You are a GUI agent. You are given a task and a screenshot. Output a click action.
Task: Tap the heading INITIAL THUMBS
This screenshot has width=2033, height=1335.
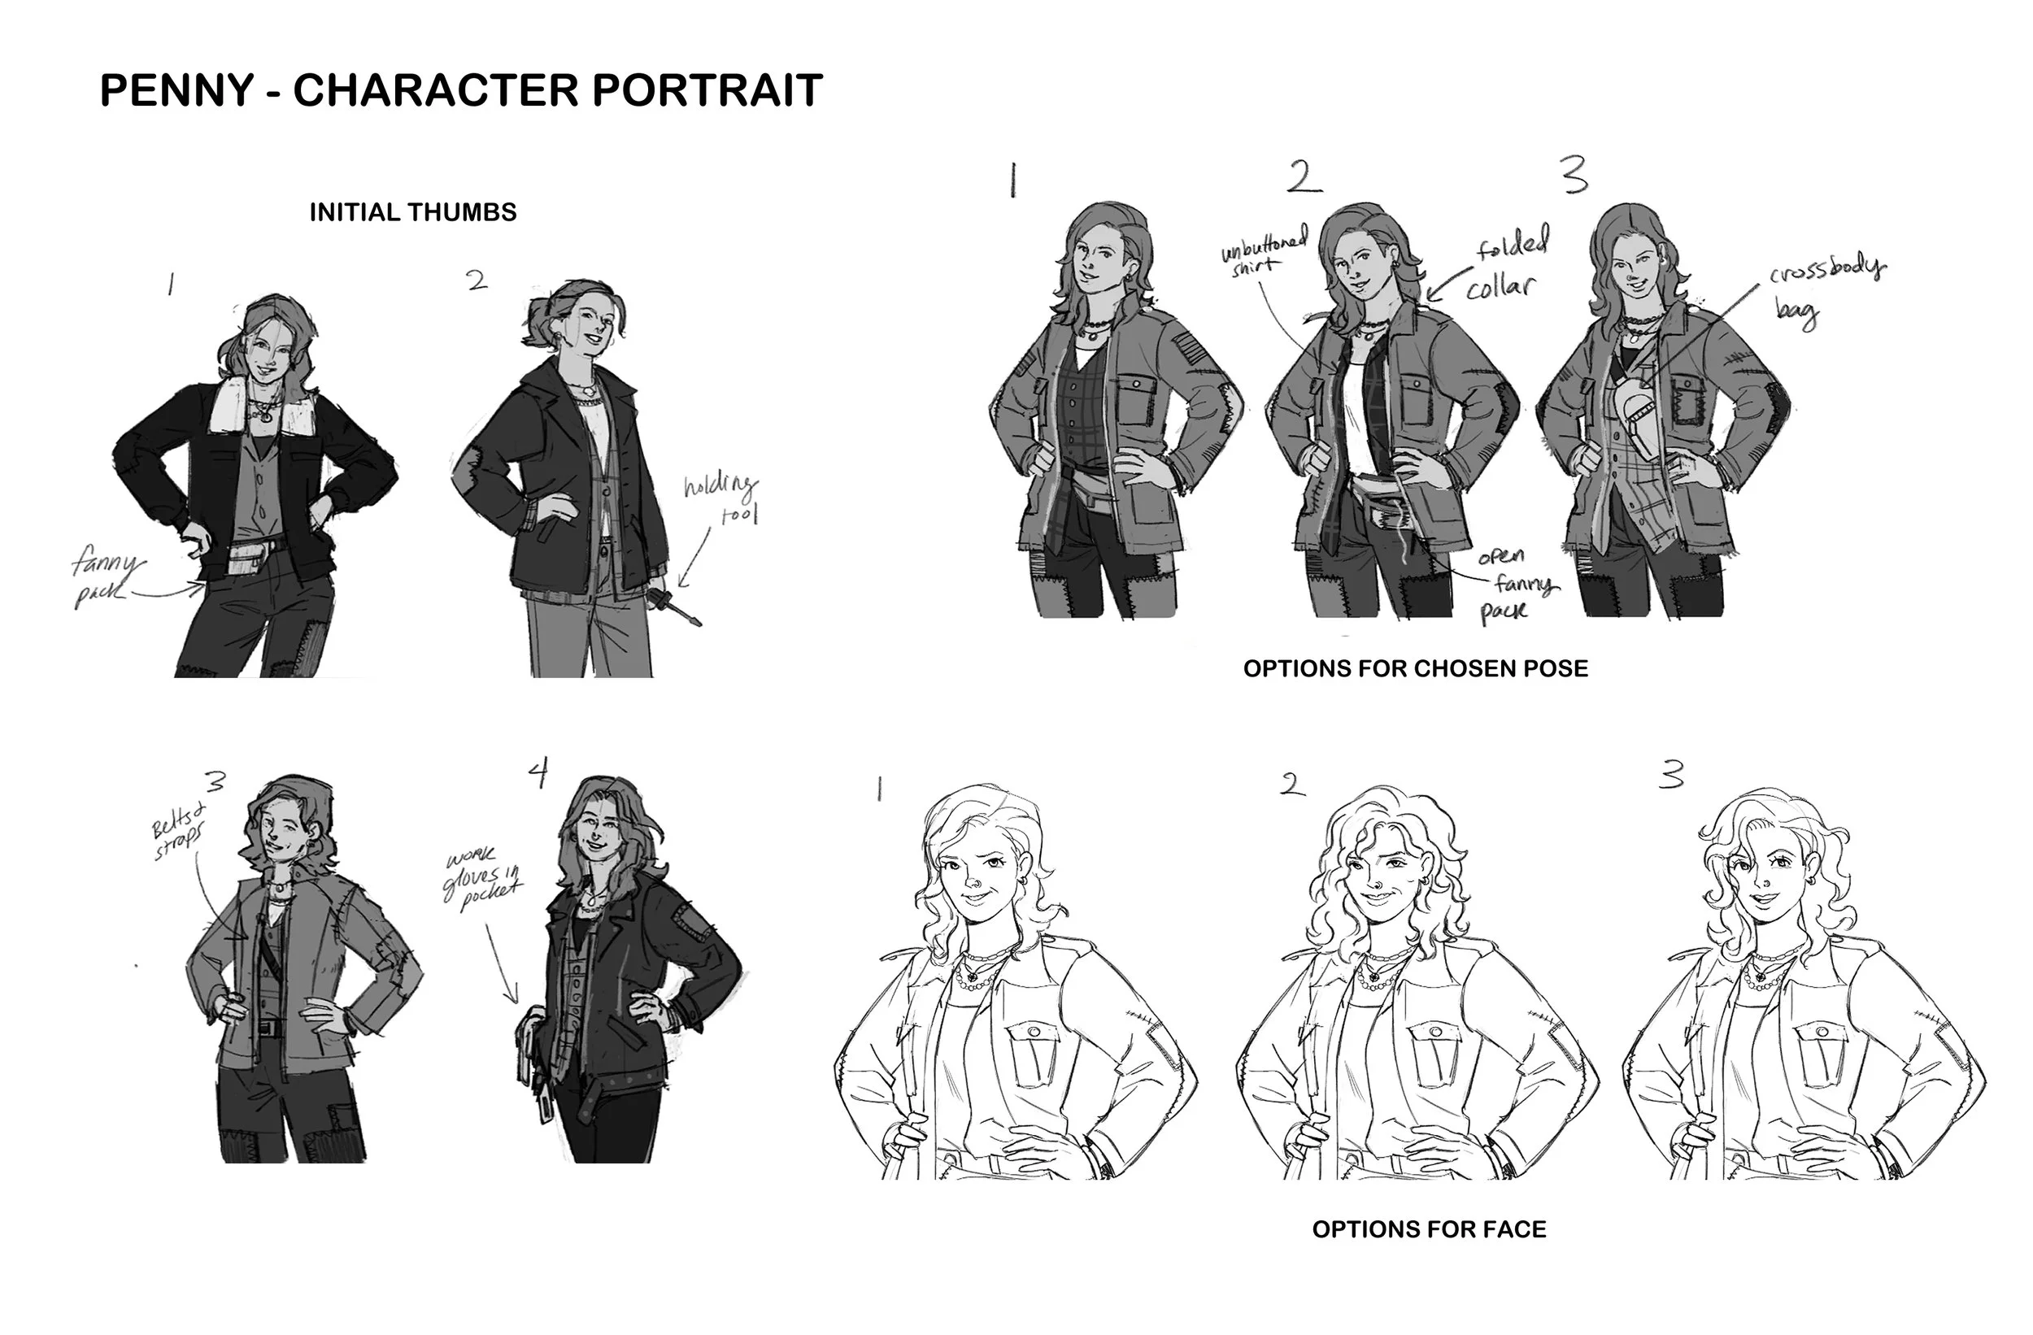(412, 213)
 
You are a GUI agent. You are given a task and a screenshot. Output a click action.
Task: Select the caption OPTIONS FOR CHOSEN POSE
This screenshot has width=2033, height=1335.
(1416, 669)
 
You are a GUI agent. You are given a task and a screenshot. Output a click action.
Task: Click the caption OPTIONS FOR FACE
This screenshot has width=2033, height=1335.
(1429, 1229)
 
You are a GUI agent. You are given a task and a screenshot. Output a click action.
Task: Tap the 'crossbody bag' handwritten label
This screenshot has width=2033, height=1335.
(1826, 290)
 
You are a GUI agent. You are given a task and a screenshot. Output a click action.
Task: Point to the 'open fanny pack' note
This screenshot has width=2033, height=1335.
(1518, 585)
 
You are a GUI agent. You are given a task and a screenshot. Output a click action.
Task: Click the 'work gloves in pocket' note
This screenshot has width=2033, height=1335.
(481, 880)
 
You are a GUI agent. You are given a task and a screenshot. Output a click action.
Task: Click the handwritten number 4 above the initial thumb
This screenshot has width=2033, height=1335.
(538, 773)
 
